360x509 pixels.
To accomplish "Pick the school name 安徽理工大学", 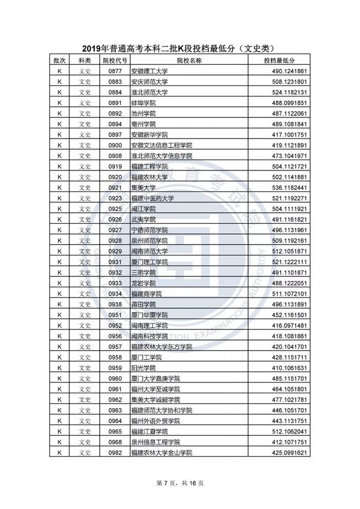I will (x=149, y=71).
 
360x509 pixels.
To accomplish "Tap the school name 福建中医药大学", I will (x=152, y=198).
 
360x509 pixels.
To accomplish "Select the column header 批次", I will (x=58, y=61).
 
